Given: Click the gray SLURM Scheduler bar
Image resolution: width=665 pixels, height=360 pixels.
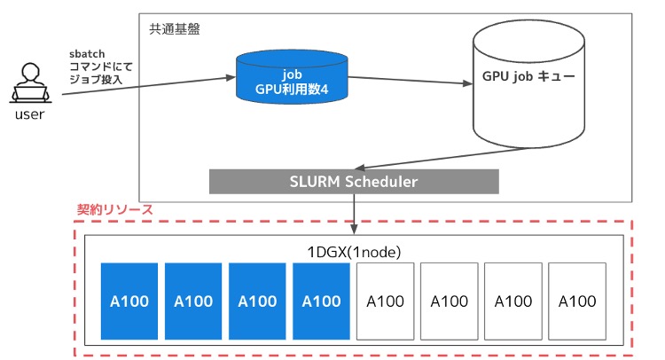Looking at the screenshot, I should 354,181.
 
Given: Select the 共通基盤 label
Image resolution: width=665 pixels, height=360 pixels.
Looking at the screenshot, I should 175,28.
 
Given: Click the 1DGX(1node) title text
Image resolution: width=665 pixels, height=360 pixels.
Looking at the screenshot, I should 353,251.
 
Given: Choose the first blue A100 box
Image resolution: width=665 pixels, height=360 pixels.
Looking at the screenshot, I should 129,301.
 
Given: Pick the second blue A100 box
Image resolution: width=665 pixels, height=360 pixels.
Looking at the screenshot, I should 193,301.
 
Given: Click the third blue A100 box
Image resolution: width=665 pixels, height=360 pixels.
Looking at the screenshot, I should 257,301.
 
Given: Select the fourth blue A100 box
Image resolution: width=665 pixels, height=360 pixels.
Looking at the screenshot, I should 321,301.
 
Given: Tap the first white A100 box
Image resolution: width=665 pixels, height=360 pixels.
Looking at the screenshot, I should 385,301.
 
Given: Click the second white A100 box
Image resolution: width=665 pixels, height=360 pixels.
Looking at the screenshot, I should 449,301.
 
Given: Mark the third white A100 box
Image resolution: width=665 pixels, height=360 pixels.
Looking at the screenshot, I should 512,301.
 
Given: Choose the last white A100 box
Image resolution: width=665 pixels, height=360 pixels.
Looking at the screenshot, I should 576,301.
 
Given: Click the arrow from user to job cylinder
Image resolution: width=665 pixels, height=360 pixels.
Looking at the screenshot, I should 142,85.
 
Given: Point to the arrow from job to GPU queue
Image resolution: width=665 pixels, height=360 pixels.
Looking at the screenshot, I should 408,82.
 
